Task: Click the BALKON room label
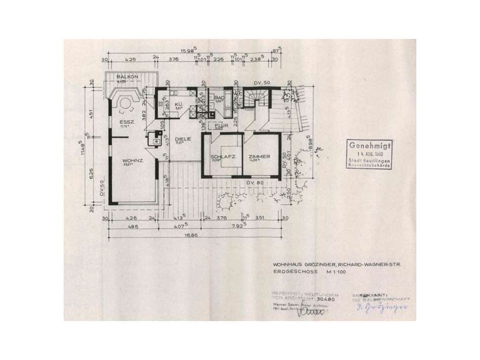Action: click(117, 76)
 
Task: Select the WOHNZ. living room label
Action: click(132, 161)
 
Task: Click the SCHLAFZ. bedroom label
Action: click(223, 157)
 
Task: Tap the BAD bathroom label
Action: click(219, 98)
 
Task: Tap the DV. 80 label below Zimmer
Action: click(256, 182)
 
